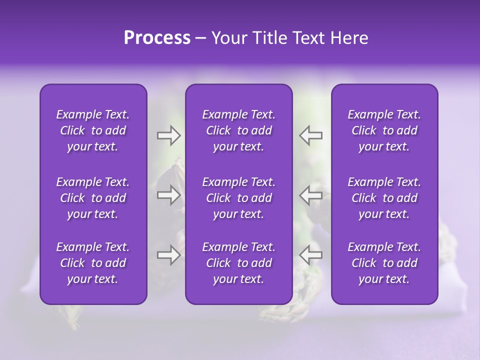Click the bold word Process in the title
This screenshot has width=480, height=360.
(157, 38)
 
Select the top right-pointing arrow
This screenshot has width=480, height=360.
(168, 135)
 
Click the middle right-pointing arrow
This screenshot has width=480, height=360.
(168, 195)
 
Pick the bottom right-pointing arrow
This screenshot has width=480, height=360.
(168, 255)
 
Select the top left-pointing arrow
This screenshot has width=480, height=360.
(310, 135)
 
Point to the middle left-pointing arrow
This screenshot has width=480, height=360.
(310, 195)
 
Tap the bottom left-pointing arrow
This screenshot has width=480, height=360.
(310, 255)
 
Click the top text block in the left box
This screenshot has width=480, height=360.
(93, 130)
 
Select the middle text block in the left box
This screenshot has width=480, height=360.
(93, 198)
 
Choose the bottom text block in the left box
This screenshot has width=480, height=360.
(93, 263)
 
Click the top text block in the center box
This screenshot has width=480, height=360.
(239, 130)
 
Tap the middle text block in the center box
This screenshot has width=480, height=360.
(239, 198)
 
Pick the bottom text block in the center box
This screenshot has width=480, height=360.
(239, 263)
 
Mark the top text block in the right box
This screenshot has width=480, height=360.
(384, 130)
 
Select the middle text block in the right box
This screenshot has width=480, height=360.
(384, 198)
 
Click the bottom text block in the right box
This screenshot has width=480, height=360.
(384, 263)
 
